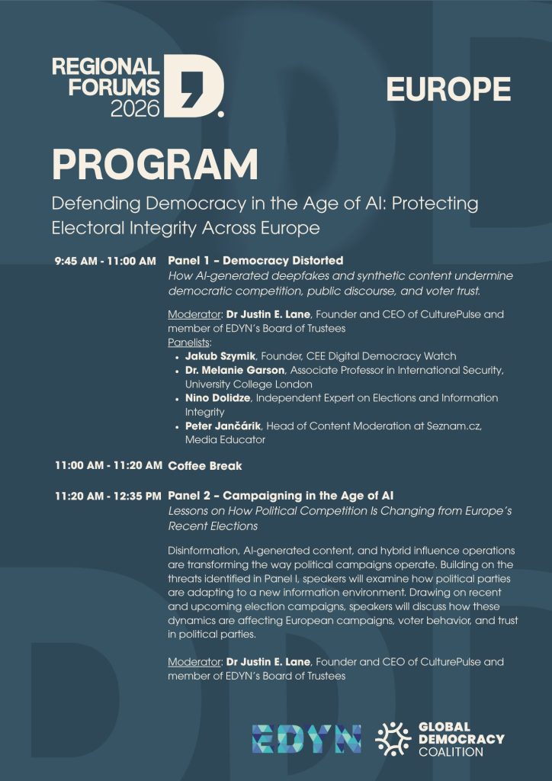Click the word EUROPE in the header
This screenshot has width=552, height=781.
(448, 89)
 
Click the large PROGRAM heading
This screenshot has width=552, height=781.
(155, 165)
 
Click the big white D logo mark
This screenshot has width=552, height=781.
(196, 85)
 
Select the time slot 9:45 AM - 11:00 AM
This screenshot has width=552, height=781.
(105, 261)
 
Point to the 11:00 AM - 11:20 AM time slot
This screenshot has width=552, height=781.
(108, 465)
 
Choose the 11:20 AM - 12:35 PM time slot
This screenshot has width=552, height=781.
(108, 496)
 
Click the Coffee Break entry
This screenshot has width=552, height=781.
(205, 465)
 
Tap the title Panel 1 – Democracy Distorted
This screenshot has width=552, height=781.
(255, 261)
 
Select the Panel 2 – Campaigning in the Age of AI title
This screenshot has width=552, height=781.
(281, 496)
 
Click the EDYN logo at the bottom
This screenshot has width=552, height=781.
(306, 739)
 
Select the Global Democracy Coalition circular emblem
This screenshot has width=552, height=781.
(393, 739)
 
